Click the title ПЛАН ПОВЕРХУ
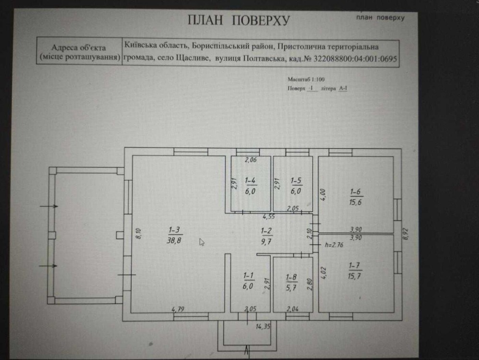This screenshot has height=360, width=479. pos(239,20)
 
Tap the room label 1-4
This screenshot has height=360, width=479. pos(250,185)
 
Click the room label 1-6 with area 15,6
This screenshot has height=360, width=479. pos(356,196)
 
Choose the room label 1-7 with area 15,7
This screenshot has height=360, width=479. pos(355,270)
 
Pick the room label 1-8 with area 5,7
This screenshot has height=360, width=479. pos(291,281)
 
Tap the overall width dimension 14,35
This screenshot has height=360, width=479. pos(263,326)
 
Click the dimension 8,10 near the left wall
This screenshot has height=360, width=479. pos(137,234)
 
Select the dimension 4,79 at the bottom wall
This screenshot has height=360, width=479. pos(178,309)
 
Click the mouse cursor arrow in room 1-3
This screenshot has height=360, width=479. pos(202,242)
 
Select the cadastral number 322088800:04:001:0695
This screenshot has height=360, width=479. pos(355,60)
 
